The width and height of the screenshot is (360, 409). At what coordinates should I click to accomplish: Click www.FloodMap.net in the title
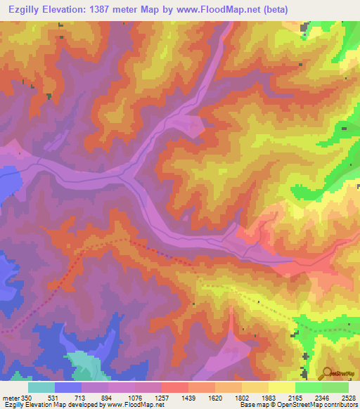(x=220, y=8)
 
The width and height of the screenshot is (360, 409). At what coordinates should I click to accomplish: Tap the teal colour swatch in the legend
(x=41, y=387)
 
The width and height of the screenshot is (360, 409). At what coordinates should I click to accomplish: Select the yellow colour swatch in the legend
(x=282, y=387)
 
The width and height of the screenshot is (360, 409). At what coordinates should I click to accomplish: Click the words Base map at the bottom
(x=251, y=405)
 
